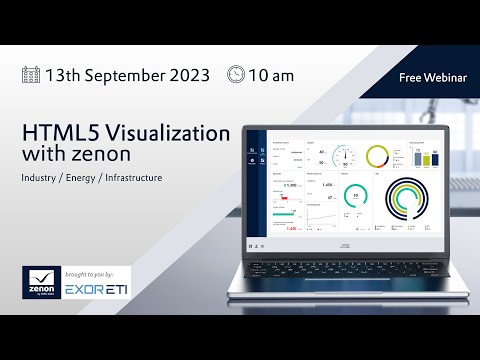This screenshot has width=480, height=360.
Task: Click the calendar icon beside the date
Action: [33, 74]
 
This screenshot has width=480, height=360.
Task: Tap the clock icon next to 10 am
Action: [237, 73]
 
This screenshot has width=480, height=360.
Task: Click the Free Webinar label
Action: [431, 76]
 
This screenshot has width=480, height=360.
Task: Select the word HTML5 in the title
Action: [60, 135]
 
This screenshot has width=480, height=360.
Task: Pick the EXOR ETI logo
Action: [97, 291]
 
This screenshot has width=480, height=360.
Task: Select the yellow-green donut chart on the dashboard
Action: [379, 156]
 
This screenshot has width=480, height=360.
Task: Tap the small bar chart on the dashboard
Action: [420, 158]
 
